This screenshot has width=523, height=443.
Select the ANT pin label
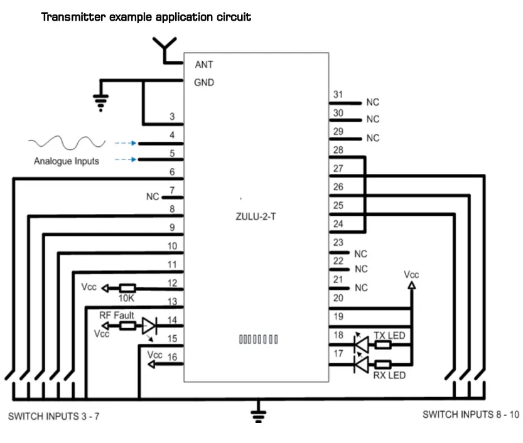[205, 65]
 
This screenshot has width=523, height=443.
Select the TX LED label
[389, 336]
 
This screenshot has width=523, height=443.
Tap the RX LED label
[389, 375]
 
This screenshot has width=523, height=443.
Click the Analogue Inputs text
[67, 161]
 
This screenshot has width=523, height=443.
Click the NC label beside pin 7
[153, 196]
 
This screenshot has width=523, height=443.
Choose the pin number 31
[338, 95]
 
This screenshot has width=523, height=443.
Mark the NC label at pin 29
[373, 138]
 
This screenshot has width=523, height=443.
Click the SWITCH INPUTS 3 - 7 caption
[53, 416]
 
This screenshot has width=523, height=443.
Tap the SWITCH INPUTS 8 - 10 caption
[471, 414]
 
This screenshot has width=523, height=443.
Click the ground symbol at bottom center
[257, 414]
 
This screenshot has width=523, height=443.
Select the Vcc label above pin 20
[411, 275]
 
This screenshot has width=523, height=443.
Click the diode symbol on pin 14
[149, 326]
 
